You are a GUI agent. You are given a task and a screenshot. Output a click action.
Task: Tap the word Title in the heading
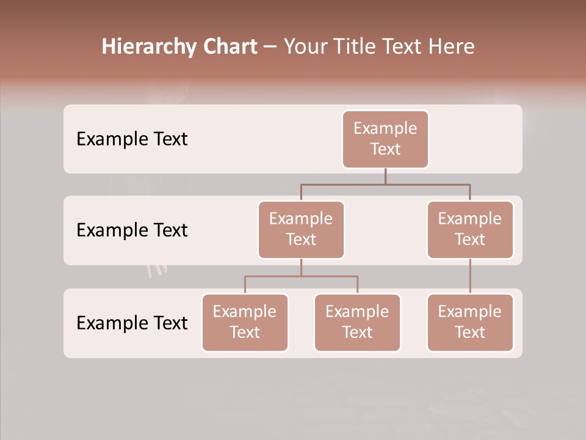tap(360, 47)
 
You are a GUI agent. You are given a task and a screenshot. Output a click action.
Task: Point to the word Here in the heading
tap(452, 47)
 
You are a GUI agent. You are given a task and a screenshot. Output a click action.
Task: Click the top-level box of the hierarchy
tap(385, 139)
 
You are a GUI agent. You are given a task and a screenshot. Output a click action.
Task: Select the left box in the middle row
tap(301, 229)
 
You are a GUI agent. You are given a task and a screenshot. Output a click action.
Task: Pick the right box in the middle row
tap(470, 229)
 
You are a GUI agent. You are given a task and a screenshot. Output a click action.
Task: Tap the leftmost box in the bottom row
tap(245, 322)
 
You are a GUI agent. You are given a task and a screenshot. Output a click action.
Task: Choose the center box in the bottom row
tap(357, 322)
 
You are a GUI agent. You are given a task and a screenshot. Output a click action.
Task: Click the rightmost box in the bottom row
tap(470, 322)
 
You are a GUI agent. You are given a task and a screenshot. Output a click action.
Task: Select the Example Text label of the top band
tap(132, 139)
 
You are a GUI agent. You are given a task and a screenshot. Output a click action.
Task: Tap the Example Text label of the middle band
tap(132, 230)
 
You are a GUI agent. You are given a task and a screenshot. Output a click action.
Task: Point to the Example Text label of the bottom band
tap(132, 323)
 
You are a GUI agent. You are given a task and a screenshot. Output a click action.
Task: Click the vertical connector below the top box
tap(385, 176)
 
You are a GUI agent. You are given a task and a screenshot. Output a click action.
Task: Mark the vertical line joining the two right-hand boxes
tap(470, 276)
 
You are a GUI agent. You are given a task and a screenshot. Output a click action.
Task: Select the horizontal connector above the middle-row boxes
tap(385, 184)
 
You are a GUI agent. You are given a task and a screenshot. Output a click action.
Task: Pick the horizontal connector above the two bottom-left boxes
tap(301, 276)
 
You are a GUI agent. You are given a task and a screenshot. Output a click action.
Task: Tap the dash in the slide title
tap(270, 47)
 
